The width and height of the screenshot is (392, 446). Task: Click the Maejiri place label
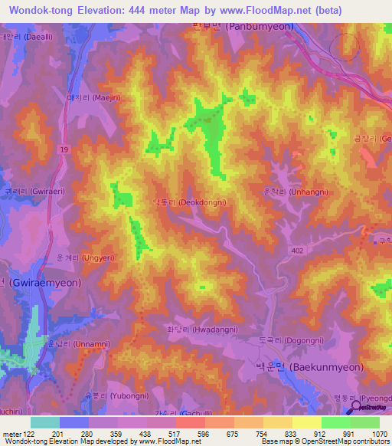90,98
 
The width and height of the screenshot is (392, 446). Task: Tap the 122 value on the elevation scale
28,435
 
